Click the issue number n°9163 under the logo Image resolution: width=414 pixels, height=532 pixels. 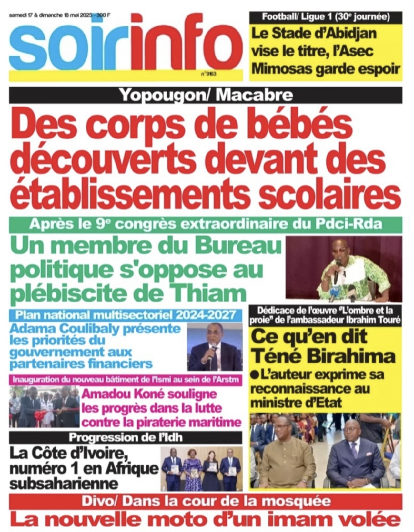(x=208, y=74)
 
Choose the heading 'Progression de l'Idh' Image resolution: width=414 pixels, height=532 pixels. (x=126, y=437)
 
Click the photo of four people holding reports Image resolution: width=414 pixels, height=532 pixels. (x=201, y=466)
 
